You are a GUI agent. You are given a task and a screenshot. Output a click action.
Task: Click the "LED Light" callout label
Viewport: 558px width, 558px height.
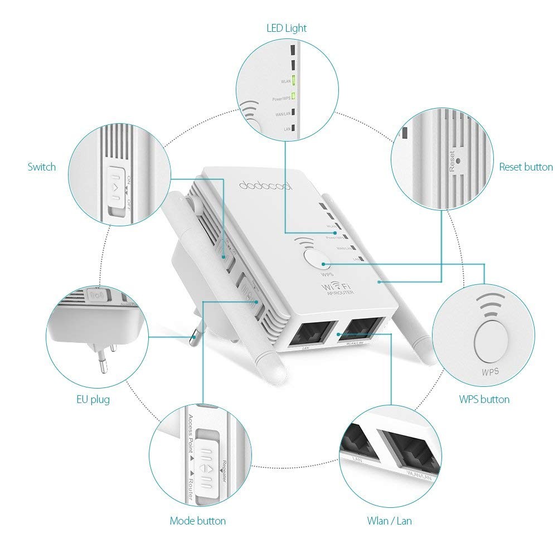(x=287, y=27)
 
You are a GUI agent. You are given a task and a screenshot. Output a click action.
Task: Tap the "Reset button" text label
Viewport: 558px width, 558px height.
(x=526, y=167)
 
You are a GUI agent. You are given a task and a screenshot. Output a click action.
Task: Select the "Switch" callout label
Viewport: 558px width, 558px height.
(x=42, y=167)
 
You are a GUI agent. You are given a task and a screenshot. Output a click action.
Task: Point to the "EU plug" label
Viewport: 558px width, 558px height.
(x=93, y=399)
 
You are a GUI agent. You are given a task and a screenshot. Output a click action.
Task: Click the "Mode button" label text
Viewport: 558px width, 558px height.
(x=198, y=521)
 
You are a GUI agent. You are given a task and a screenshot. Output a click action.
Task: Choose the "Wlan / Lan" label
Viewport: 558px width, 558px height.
(x=390, y=521)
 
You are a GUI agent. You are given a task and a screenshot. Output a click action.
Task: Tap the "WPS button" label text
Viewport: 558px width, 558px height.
(x=484, y=399)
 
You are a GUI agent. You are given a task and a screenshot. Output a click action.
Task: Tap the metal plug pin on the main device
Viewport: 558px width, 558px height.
(x=195, y=334)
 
